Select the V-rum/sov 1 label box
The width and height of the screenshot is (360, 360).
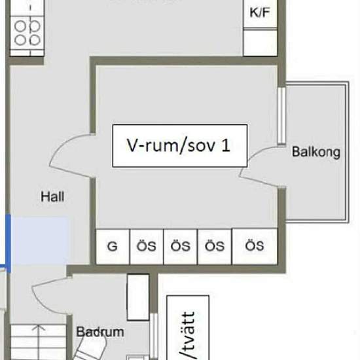(x=179, y=145)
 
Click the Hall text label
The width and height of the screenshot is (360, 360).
(x=52, y=196)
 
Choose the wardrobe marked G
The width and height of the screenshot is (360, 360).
(x=113, y=246)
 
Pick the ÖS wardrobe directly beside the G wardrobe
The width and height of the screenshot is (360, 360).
(x=147, y=246)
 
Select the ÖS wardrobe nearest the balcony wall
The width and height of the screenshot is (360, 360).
(x=255, y=246)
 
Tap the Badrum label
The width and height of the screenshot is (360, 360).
(x=99, y=332)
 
